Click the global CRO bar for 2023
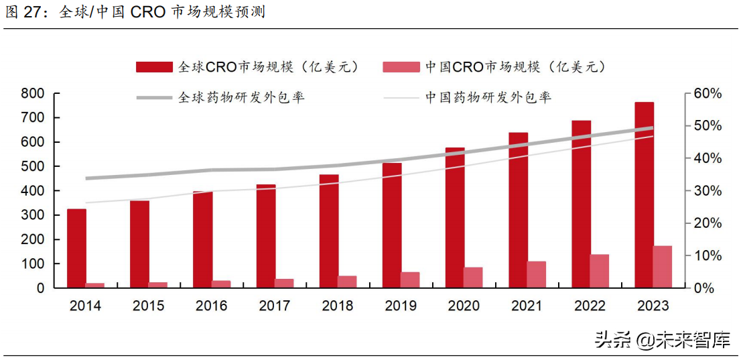click(x=644, y=195)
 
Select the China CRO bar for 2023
click(x=663, y=267)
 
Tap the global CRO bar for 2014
click(x=76, y=249)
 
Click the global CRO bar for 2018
click(x=329, y=231)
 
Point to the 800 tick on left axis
click(x=32, y=93)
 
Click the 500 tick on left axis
click(x=32, y=166)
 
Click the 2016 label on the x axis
click(x=211, y=306)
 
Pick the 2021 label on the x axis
click(x=527, y=306)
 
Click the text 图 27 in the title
click(x=27, y=12)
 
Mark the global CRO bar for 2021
click(x=518, y=211)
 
